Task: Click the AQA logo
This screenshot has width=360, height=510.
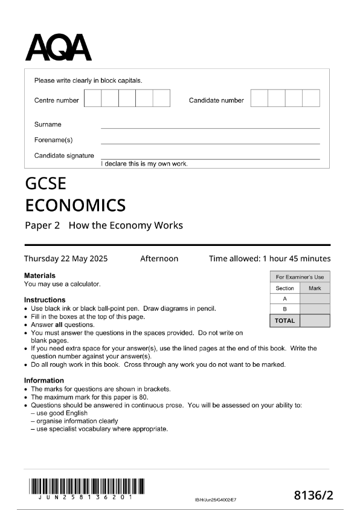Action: [58, 47]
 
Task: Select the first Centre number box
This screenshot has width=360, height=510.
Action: [92, 98]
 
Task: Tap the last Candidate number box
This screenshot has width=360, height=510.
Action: [311, 98]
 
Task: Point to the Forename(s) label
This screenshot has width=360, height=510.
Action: [53, 140]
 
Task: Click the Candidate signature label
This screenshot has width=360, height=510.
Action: [64, 156]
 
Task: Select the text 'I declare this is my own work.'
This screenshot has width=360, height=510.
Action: [144, 164]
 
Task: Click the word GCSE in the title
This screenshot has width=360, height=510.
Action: [46, 184]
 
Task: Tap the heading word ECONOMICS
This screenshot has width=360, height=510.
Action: [76, 205]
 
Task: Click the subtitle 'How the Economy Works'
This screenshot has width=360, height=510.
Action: [126, 226]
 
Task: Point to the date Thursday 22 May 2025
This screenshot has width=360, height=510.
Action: [66, 259]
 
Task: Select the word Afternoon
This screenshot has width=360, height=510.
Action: [159, 259]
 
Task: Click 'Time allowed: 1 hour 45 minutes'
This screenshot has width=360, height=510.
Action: [269, 259]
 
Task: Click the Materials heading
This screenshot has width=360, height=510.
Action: [40, 276]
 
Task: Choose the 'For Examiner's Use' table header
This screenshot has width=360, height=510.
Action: [300, 277]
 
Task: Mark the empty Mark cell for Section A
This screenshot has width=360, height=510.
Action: [315, 299]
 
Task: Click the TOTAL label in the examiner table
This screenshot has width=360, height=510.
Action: [284, 320]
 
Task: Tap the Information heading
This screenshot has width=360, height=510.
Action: [44, 381]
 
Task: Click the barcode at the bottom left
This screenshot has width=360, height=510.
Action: [86, 486]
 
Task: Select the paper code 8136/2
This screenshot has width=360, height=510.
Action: [313, 495]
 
